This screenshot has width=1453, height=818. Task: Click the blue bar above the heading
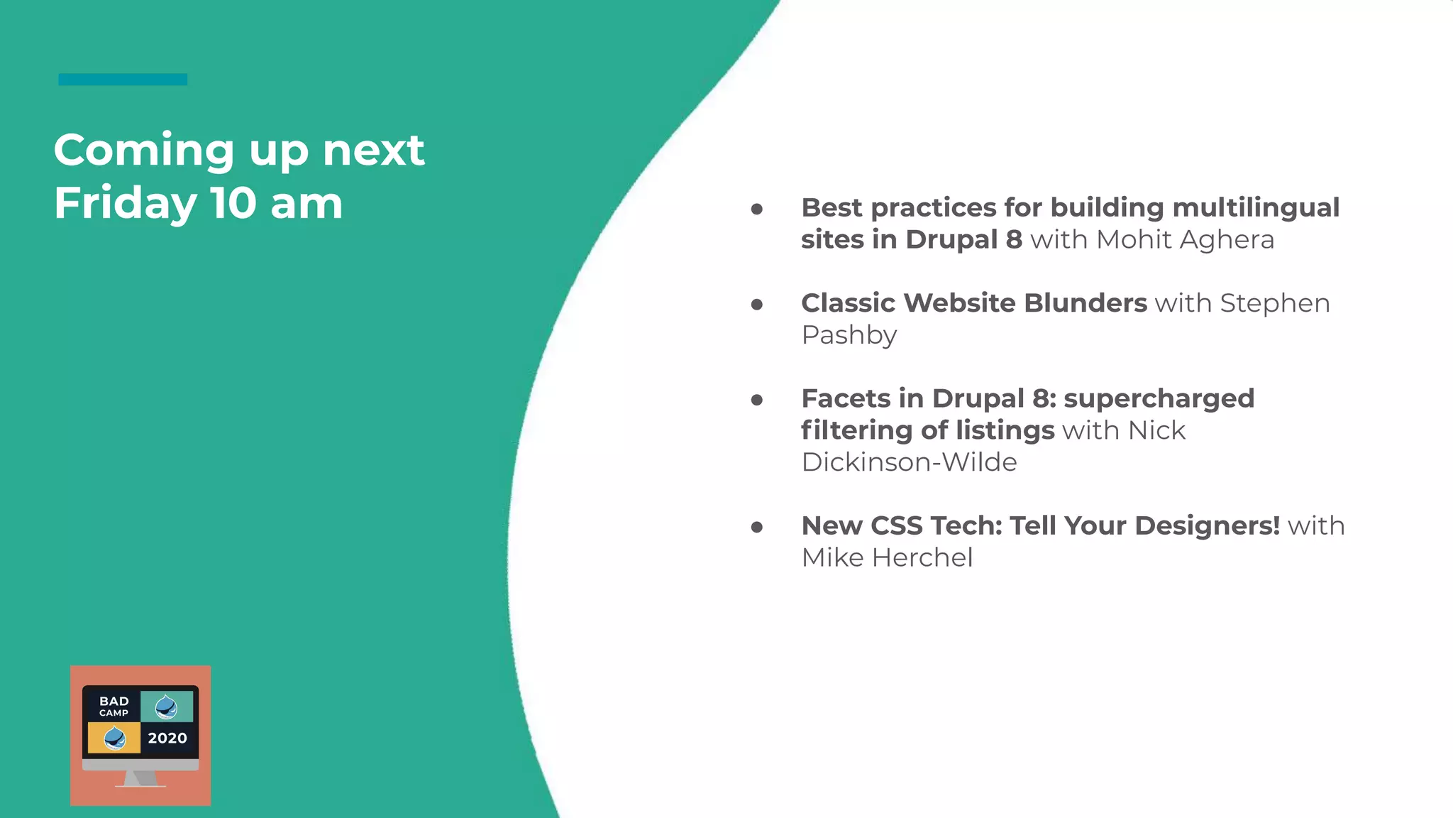pyautogui.click(x=123, y=80)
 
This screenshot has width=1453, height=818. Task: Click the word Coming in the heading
pyautogui.click(x=143, y=151)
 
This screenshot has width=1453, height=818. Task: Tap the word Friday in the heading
pyautogui.click(x=125, y=203)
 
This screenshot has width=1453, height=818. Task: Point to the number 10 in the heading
pyautogui.click(x=233, y=203)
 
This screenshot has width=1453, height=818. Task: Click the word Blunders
pyautogui.click(x=1085, y=303)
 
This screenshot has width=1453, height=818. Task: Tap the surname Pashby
pyautogui.click(x=849, y=335)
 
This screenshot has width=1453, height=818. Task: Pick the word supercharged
pyautogui.click(x=1159, y=398)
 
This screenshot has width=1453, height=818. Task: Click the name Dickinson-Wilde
pyautogui.click(x=909, y=462)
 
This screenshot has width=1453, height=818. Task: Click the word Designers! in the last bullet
pyautogui.click(x=1207, y=526)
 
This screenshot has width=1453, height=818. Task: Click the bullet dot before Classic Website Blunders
pyautogui.click(x=757, y=305)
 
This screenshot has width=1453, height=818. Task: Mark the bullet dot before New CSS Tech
pyautogui.click(x=757, y=527)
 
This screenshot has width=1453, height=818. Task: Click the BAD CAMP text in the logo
pyautogui.click(x=114, y=706)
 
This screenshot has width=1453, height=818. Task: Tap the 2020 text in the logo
pyautogui.click(x=167, y=738)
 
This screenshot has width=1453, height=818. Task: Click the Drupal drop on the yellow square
pyautogui.click(x=114, y=738)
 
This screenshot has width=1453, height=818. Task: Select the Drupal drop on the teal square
pyautogui.click(x=166, y=707)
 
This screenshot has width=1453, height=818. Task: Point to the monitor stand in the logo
pyautogui.click(x=140, y=779)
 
